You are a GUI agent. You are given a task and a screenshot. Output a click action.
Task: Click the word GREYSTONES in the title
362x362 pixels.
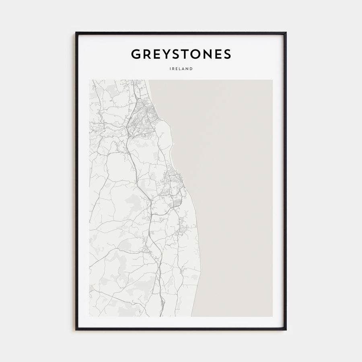(181, 54)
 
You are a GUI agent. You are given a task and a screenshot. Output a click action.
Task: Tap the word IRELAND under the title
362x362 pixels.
(181, 69)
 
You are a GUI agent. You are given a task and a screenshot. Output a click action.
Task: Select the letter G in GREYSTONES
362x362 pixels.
(136, 54)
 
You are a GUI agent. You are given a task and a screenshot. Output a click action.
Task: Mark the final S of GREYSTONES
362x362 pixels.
(227, 54)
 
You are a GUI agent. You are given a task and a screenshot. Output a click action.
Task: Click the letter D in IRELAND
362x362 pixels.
(191, 69)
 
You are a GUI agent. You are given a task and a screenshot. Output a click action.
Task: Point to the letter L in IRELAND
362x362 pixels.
(180, 69)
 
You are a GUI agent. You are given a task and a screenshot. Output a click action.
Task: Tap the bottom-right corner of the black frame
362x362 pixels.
(286, 329)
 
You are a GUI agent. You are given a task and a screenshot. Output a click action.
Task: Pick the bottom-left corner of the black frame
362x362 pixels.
(76, 329)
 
